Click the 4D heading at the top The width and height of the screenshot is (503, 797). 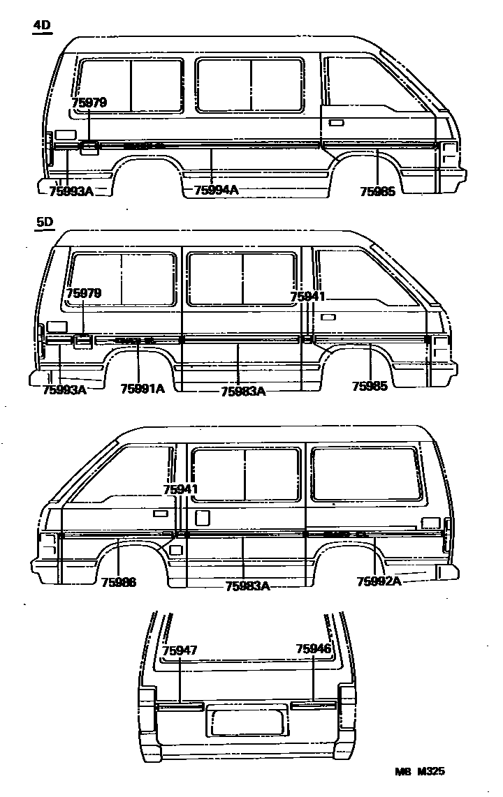click(x=43, y=27)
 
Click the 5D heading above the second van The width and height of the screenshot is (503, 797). click(x=44, y=222)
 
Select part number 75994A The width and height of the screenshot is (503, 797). click(x=216, y=190)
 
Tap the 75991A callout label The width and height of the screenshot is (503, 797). click(x=143, y=389)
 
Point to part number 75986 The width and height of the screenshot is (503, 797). click(x=118, y=583)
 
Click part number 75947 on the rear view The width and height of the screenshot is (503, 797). click(x=180, y=650)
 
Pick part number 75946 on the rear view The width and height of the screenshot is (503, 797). click(x=313, y=649)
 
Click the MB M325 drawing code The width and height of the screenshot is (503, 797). click(x=419, y=771)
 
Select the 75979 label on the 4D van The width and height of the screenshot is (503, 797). click(x=89, y=103)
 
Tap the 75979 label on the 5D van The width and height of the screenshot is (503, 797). click(x=84, y=294)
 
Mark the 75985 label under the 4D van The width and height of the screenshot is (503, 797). click(x=378, y=191)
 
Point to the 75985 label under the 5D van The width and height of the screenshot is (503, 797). click(x=370, y=386)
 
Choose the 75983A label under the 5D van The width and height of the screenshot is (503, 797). click(x=243, y=392)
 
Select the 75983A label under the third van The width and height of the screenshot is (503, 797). click(x=248, y=586)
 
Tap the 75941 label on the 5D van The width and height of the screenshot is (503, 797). click(x=308, y=297)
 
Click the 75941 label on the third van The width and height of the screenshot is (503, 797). click(x=180, y=489)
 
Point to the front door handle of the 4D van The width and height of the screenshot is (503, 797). click(x=335, y=122)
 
